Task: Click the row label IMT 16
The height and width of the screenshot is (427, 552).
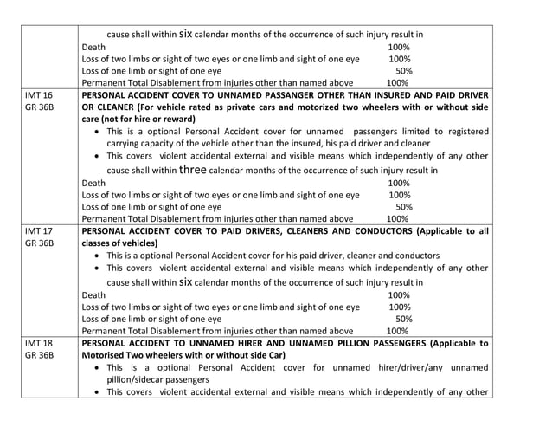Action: click(38, 95)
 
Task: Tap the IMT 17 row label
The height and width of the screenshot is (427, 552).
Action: click(38, 231)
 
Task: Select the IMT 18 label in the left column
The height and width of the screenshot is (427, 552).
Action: click(38, 343)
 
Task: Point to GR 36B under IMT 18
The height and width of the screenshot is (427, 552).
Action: click(40, 355)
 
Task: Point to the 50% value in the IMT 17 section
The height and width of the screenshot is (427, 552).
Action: click(403, 318)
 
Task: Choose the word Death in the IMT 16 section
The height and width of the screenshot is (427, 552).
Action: click(93, 183)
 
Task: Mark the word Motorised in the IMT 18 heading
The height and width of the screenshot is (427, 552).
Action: click(109, 355)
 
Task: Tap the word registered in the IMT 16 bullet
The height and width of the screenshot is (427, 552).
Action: click(460, 131)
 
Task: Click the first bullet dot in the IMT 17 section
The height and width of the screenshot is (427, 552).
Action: click(93, 256)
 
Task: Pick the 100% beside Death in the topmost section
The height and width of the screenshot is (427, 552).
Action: click(400, 47)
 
